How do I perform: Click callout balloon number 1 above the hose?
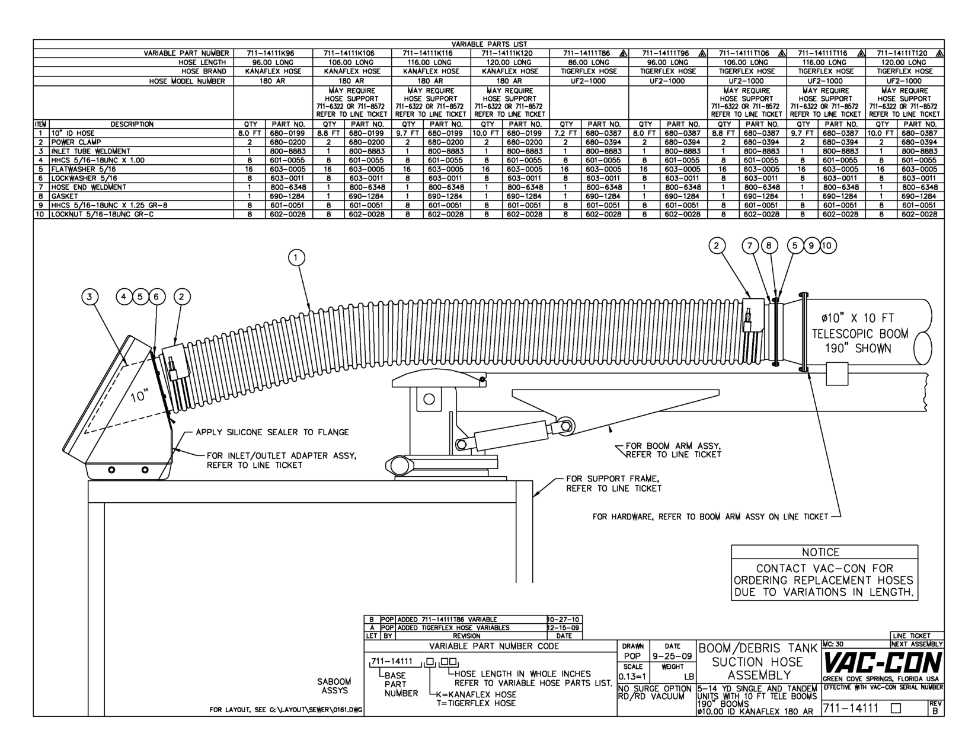coord(296,257)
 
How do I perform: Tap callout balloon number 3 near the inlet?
coord(90,297)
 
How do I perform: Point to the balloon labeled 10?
coord(828,245)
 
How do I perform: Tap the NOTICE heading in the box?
coord(824,552)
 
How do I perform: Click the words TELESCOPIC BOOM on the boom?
coord(860,334)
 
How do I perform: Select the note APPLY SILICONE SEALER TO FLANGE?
coord(272,432)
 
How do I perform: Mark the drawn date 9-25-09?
coord(672,656)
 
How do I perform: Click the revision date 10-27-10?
coord(562,619)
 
